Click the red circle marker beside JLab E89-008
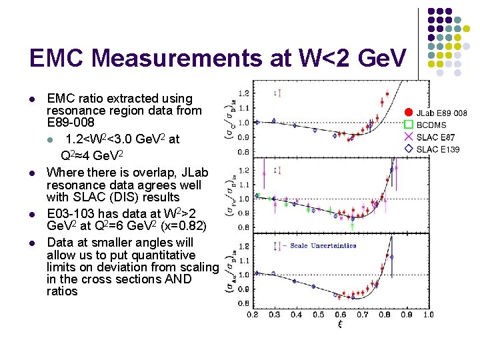click(408, 113)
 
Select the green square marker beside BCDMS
click(408, 125)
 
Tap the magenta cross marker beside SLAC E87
click(408, 137)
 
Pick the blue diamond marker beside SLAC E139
click(408, 149)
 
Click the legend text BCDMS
click(431, 125)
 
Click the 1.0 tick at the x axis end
click(427, 314)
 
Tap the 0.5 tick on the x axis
click(319, 314)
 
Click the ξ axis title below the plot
click(340, 325)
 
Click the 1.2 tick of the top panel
click(245, 93)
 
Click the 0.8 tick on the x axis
click(384, 314)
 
